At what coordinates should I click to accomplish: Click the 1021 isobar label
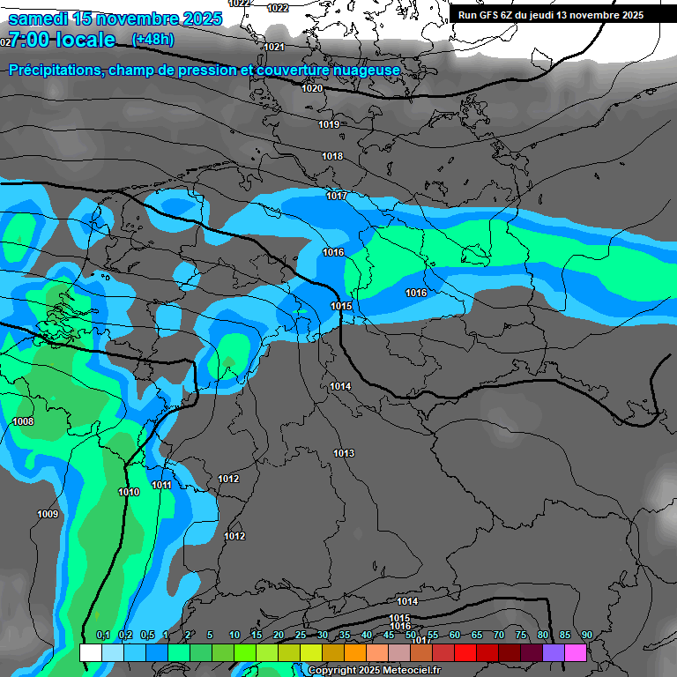274,47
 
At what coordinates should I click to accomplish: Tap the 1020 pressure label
312,88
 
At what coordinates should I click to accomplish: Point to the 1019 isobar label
329,124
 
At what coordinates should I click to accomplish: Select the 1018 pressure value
332,156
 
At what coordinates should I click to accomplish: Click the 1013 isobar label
344,453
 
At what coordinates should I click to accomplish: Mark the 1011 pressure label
161,485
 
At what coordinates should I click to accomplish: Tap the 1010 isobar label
129,492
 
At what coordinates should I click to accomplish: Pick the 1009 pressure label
48,514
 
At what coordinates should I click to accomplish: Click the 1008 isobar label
23,421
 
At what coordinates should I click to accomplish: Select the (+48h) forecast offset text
153,40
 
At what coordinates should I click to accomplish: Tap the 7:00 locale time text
62,40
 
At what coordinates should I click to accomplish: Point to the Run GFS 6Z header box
551,15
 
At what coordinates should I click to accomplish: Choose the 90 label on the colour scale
586,635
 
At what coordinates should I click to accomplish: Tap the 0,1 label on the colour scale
102,635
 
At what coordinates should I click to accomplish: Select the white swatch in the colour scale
90,652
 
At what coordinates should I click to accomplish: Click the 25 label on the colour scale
301,635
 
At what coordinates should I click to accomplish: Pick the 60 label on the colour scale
454,635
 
